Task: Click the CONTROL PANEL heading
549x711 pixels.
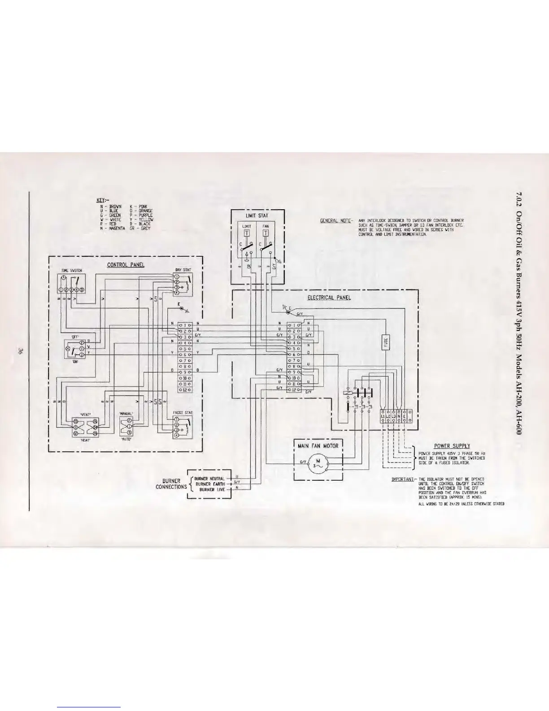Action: [x=126, y=265]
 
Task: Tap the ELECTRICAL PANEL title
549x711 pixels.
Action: [x=329, y=297]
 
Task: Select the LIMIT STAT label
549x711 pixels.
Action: [x=258, y=216]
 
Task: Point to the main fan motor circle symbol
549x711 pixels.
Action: [x=318, y=464]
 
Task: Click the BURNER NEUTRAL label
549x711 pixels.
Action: [x=209, y=478]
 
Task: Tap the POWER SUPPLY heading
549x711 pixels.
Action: [x=452, y=446]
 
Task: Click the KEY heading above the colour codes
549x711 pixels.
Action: [x=101, y=201]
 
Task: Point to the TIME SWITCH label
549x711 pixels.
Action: [x=70, y=271]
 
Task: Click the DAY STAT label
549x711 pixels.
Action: [x=183, y=270]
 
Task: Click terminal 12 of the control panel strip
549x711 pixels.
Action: [x=184, y=390]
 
